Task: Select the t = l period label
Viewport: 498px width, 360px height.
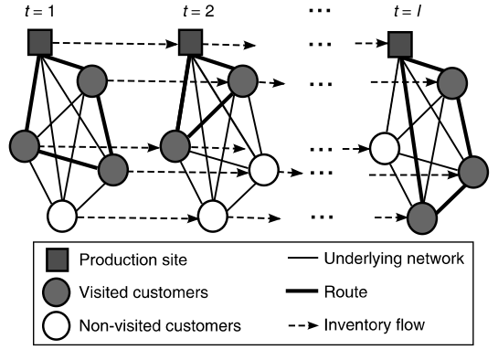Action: (x=398, y=11)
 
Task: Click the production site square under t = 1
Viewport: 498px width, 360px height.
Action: (x=39, y=42)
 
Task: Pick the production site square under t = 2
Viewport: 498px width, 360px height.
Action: (x=189, y=42)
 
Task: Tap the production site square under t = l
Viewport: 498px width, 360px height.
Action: (x=399, y=43)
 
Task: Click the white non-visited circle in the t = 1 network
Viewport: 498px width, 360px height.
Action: (x=63, y=216)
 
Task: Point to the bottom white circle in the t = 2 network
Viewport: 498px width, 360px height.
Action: (x=212, y=217)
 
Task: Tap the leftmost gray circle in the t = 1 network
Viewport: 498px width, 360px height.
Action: (x=24, y=143)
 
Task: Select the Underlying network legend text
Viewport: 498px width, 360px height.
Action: (x=395, y=259)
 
